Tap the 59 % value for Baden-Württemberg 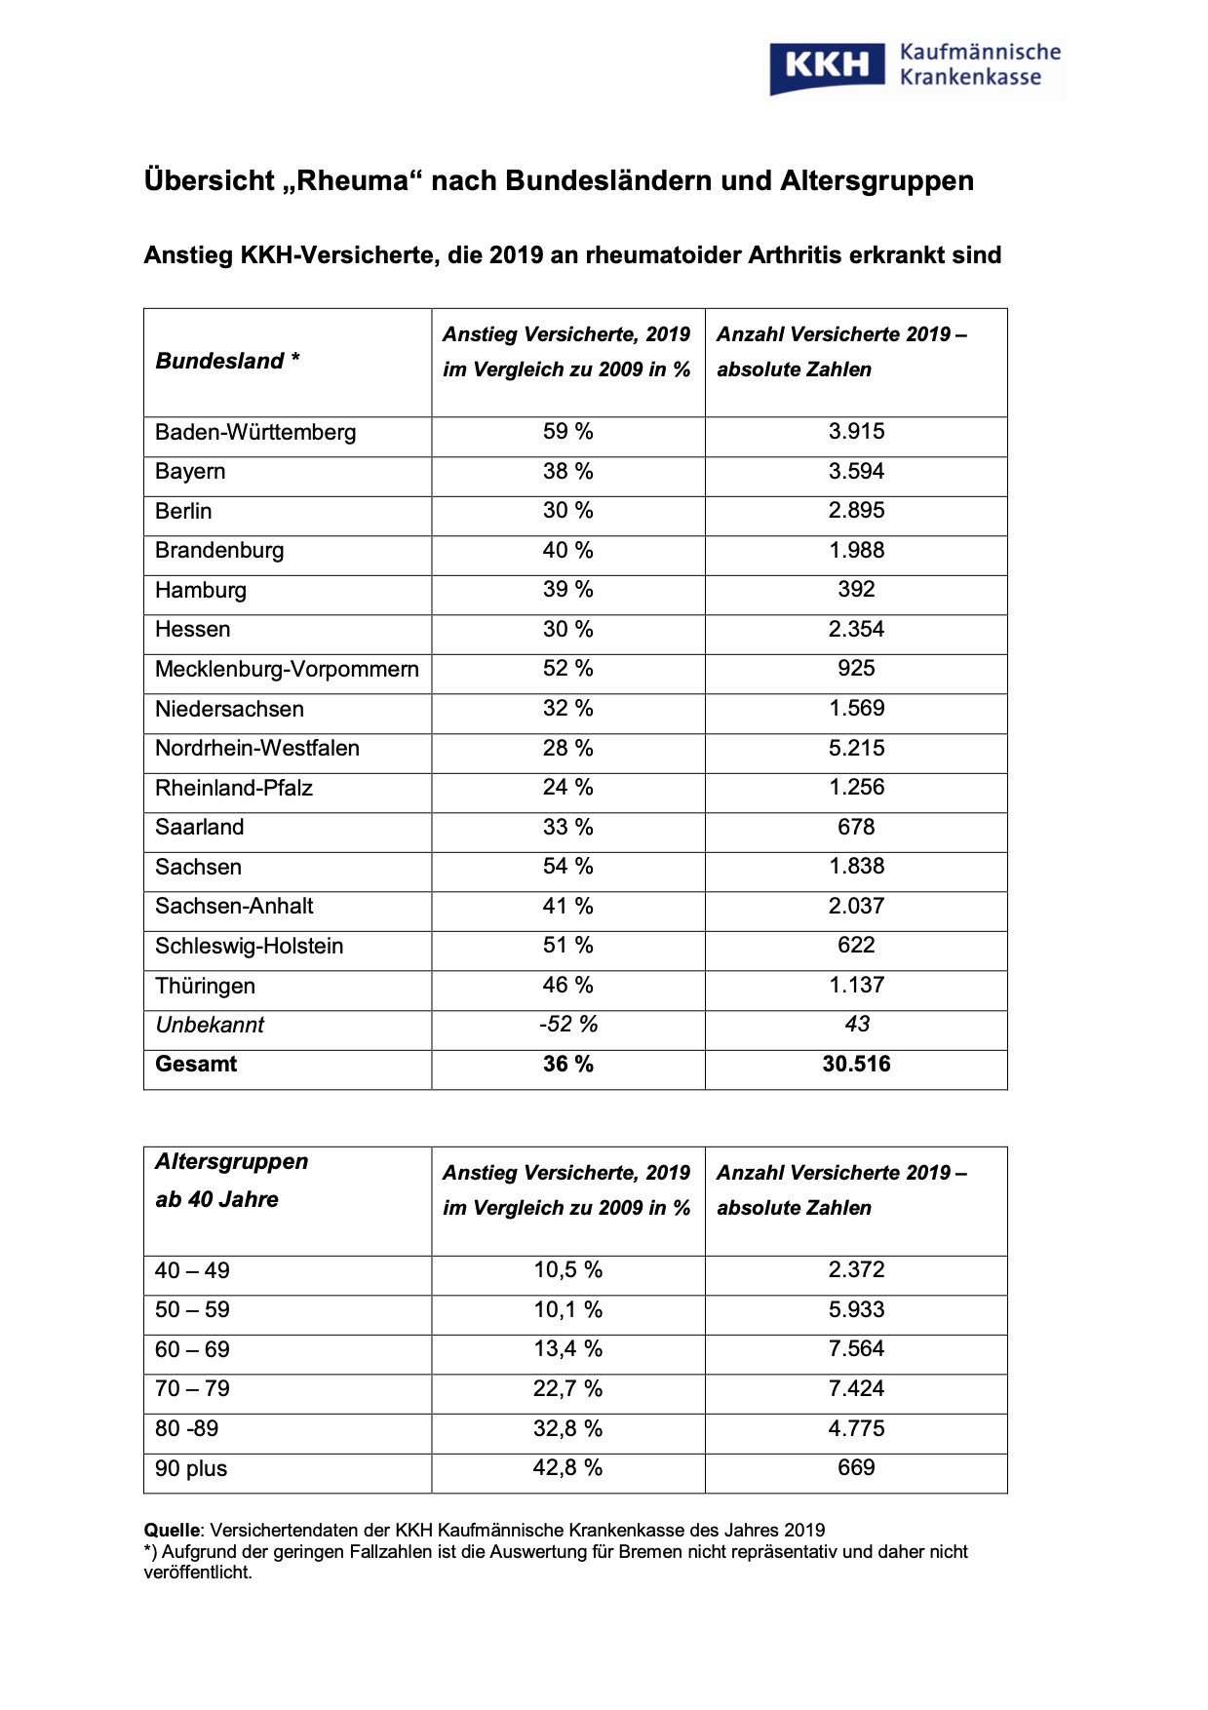click(x=567, y=432)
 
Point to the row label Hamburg click(x=201, y=591)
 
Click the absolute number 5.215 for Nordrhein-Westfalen click(x=856, y=749)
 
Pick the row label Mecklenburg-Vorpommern click(x=287, y=670)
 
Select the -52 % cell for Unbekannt click(x=567, y=1025)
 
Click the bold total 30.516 click(x=856, y=1065)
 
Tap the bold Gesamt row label click(x=196, y=1065)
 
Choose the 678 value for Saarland click(x=856, y=828)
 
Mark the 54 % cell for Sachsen click(x=567, y=867)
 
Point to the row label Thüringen click(x=205, y=987)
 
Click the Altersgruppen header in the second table click(x=232, y=1162)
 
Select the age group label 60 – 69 click(x=192, y=1350)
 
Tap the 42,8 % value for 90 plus click(x=567, y=1468)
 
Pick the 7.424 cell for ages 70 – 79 click(x=856, y=1389)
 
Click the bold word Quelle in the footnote click(x=171, y=1531)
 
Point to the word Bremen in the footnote click(x=665, y=1552)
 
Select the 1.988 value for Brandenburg click(x=856, y=551)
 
